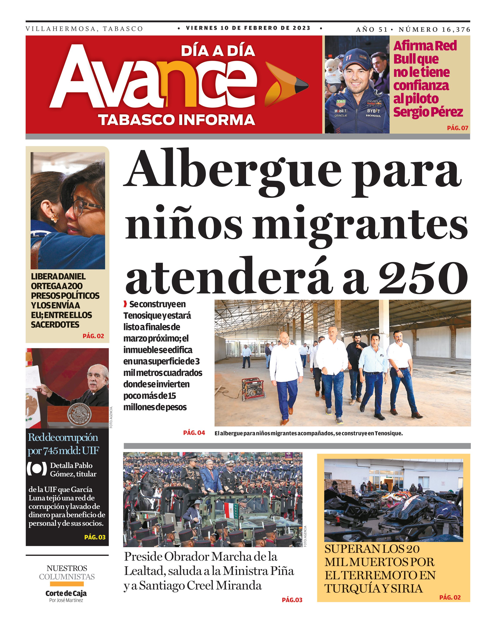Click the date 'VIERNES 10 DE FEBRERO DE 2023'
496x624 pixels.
coord(248,28)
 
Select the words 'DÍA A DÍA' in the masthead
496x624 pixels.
coord(218,51)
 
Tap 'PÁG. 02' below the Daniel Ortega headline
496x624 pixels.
coord(93,336)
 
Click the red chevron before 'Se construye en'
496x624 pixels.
coord(125,304)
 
